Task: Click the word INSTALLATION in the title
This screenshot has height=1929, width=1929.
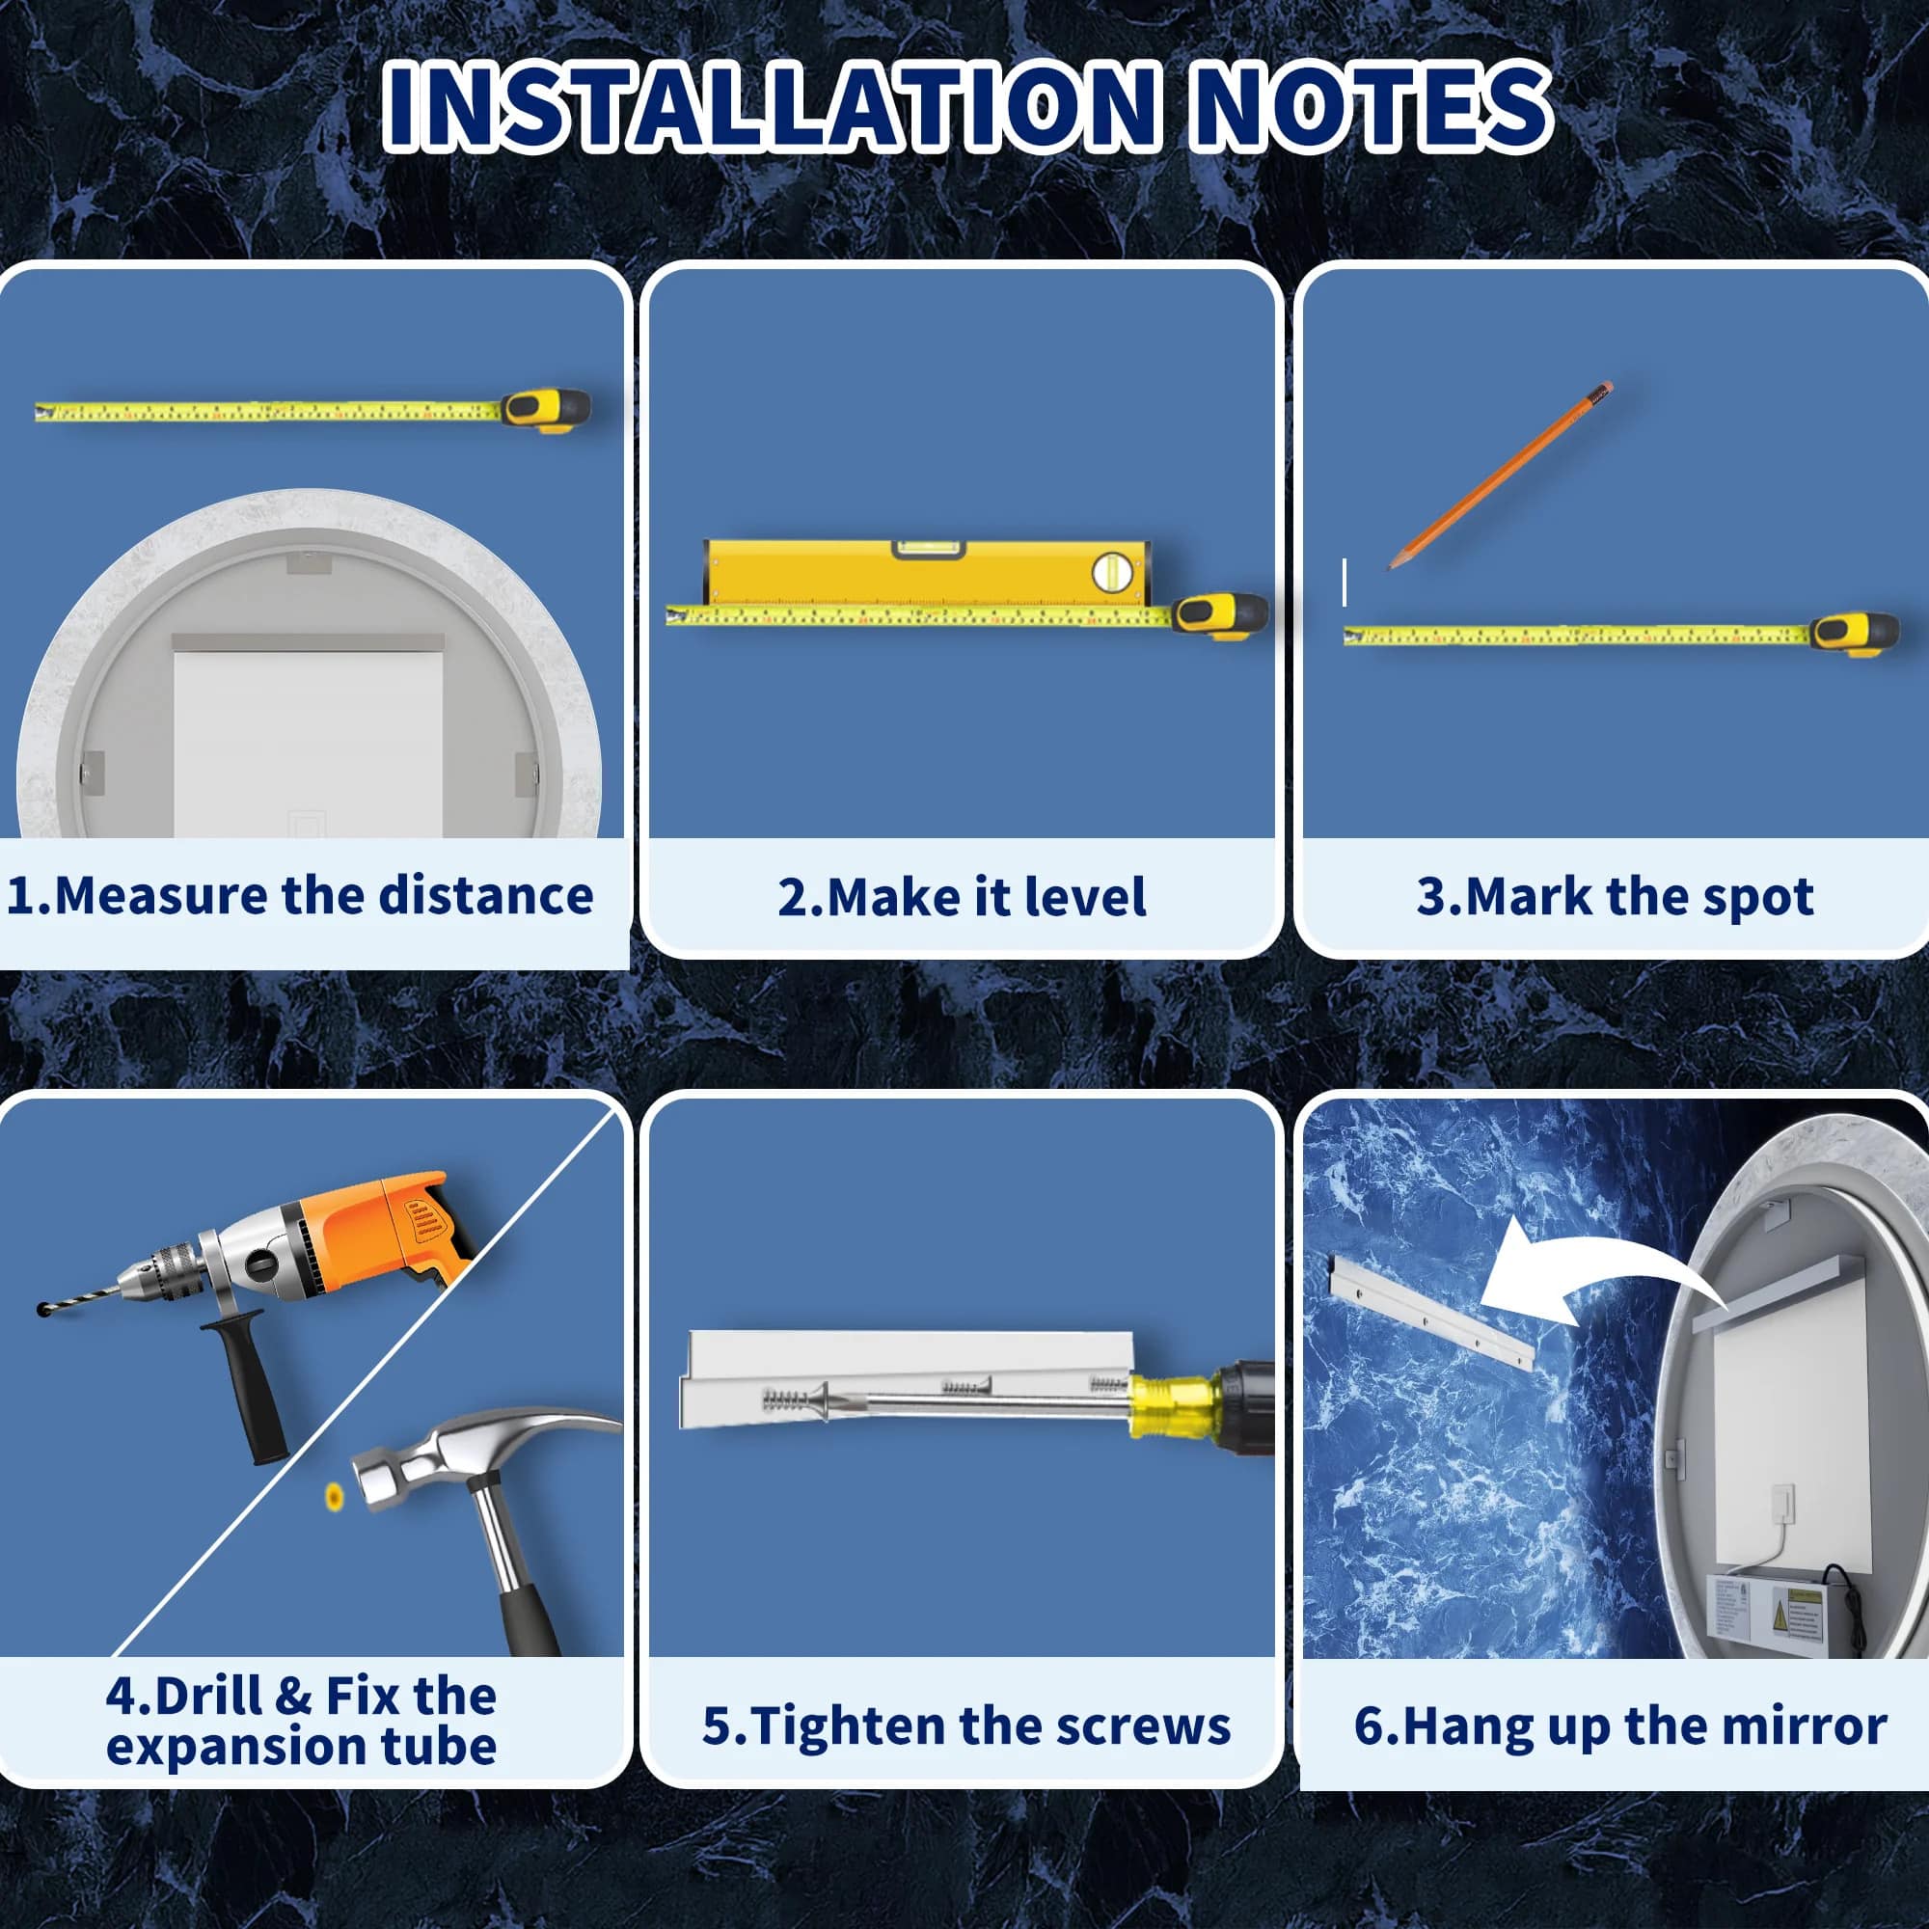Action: [770, 106]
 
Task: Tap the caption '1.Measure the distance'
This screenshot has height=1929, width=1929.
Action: [300, 895]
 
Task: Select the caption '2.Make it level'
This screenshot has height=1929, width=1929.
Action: [962, 897]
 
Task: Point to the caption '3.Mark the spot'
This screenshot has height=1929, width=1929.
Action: [1615, 897]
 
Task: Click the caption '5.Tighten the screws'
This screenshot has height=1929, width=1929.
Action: [965, 1725]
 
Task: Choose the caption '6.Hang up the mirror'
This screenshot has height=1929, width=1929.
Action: [1619, 1725]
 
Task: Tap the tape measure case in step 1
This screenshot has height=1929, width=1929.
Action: [546, 409]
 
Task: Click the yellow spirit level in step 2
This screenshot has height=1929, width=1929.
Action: [928, 573]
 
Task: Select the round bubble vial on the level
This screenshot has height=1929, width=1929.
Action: [1111, 572]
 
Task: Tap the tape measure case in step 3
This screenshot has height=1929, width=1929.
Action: [1855, 633]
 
